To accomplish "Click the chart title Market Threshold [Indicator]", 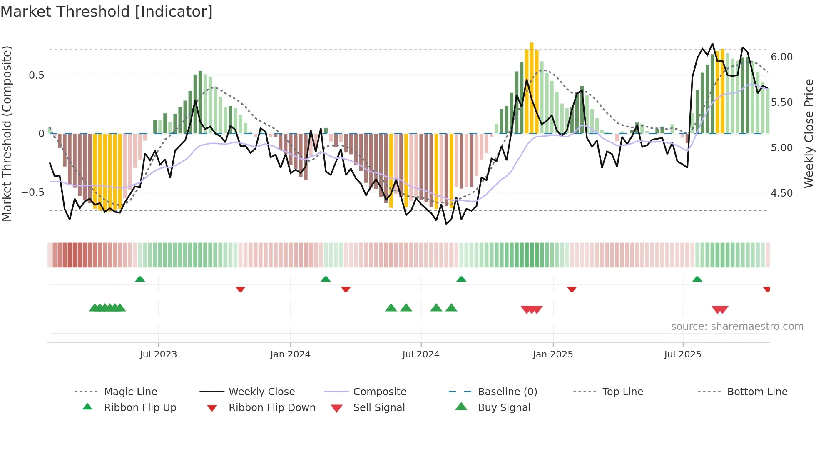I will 107,12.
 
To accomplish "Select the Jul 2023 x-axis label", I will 158,354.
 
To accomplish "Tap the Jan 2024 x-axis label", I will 290,354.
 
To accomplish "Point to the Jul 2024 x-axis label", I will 421,354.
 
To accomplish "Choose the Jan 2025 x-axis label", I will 553,354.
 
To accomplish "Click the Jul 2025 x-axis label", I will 683,354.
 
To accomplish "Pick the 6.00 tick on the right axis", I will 782,57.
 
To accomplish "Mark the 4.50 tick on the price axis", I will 782,193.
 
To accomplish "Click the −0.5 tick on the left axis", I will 33,192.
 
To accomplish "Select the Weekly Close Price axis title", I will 809,133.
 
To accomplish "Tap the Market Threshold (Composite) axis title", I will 7,133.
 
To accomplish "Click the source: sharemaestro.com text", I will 737,327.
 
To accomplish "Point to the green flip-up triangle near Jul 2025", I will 697,279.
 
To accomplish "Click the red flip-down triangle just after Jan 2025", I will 572,289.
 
